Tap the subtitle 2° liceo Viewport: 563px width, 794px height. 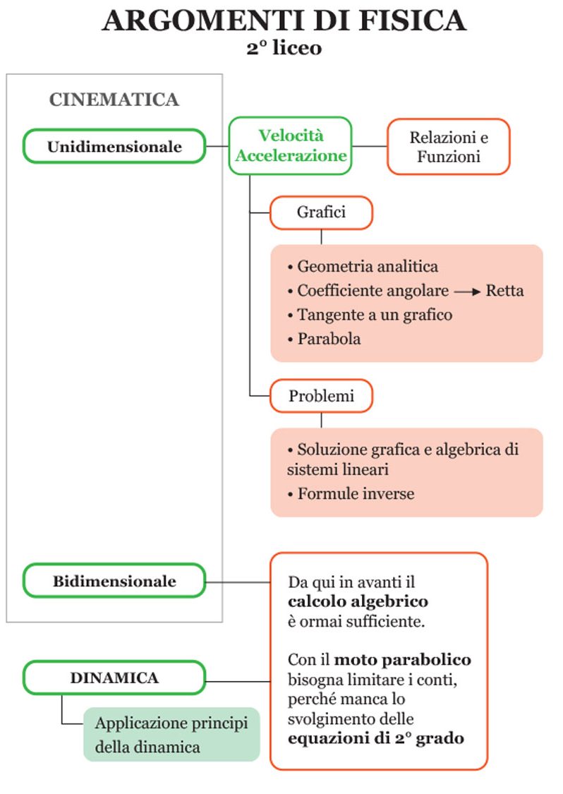[x=284, y=49]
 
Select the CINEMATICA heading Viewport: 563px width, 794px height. [x=114, y=100]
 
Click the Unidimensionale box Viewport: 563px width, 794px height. [x=114, y=147]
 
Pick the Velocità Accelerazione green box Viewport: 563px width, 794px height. [x=291, y=145]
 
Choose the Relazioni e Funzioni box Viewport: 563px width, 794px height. [x=448, y=147]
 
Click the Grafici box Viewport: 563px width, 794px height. [x=321, y=212]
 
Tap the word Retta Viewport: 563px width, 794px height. [x=505, y=291]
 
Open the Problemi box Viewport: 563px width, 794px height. [x=321, y=396]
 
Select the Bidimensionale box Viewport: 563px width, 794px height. [x=114, y=582]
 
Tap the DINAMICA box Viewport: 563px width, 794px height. [x=114, y=678]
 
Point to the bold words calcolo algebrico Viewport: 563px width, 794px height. [x=358, y=603]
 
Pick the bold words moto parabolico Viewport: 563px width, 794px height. [x=402, y=661]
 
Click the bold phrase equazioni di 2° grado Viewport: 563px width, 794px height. [x=375, y=739]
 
